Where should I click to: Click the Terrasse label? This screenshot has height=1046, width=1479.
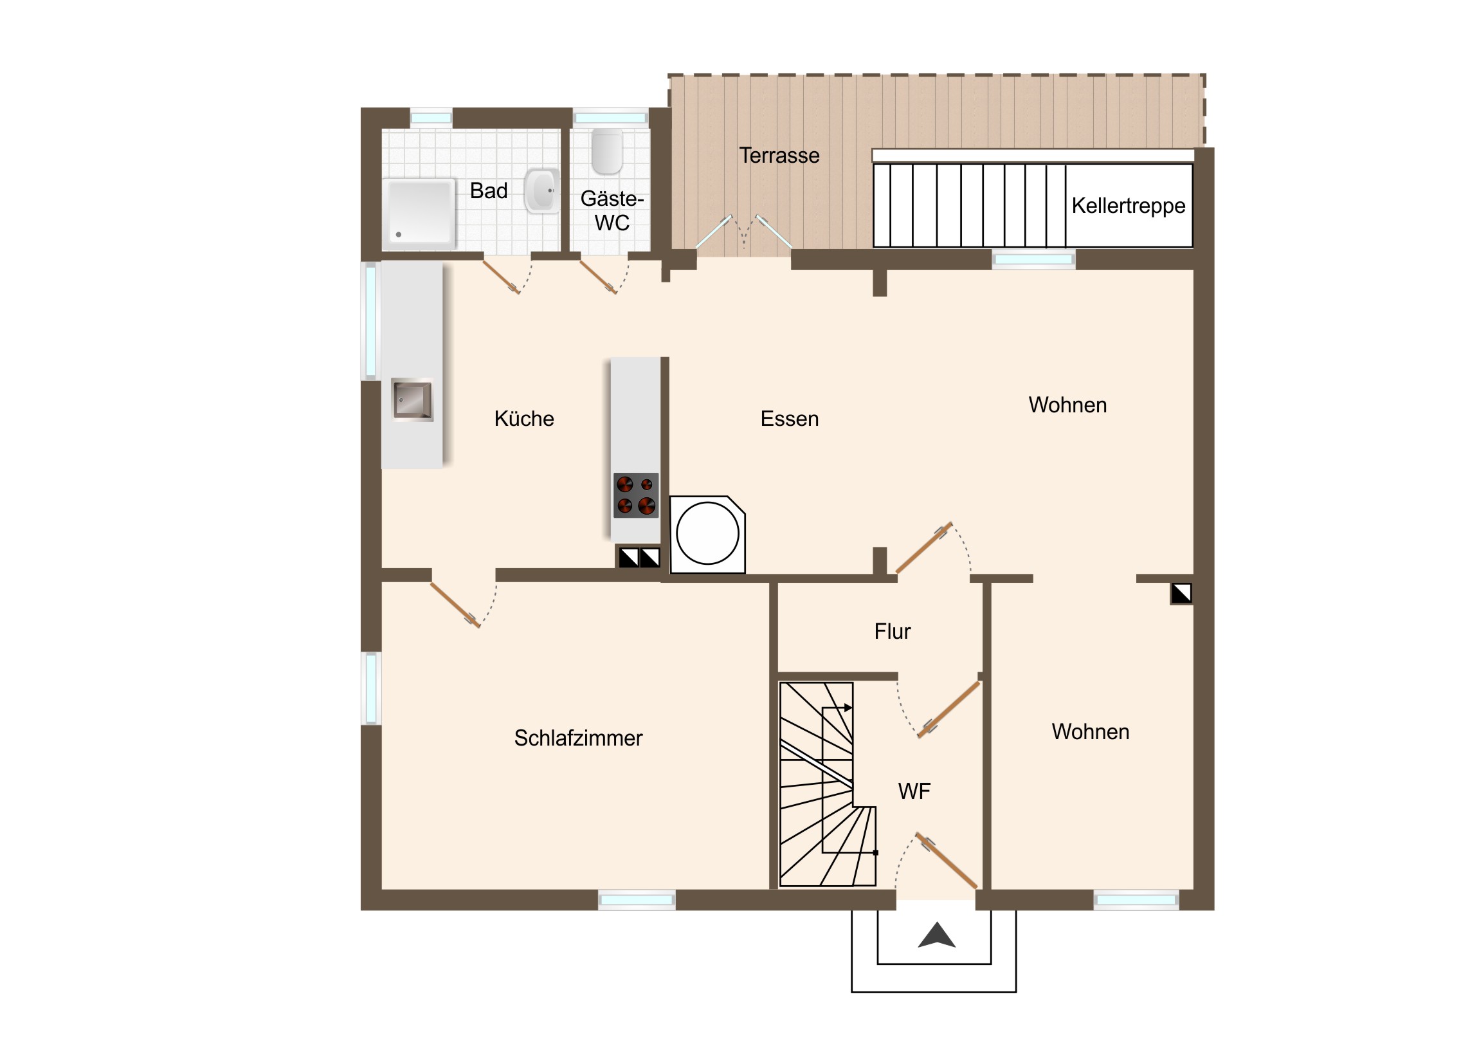[x=779, y=155]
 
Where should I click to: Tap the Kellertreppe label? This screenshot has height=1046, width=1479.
[x=1128, y=206]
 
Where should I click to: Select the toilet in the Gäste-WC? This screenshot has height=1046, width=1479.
[x=607, y=152]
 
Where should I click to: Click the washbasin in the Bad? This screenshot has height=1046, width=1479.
[x=541, y=191]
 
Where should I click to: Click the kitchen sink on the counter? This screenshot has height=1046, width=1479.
[x=412, y=399]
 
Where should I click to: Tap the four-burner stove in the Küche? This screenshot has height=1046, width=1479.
[x=636, y=495]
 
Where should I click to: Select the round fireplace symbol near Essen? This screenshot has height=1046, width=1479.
[x=707, y=535]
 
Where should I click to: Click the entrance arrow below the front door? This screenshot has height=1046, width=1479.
[x=937, y=935]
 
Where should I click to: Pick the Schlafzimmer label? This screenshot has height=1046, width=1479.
[x=578, y=739]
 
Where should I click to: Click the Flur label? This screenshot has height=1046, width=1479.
[x=892, y=632]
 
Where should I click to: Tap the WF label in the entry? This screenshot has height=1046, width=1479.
[x=914, y=791]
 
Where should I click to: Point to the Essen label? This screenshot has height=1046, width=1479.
[x=789, y=419]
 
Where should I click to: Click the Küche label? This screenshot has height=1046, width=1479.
[x=523, y=419]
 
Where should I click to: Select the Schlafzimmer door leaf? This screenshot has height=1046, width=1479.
[x=455, y=605]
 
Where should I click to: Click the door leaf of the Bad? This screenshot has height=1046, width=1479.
[x=501, y=277]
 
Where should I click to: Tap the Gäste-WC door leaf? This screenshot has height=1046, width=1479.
[x=599, y=277]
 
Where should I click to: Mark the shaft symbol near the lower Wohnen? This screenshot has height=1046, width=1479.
[x=1181, y=594]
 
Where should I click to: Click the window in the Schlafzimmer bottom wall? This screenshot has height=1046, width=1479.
[x=637, y=900]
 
